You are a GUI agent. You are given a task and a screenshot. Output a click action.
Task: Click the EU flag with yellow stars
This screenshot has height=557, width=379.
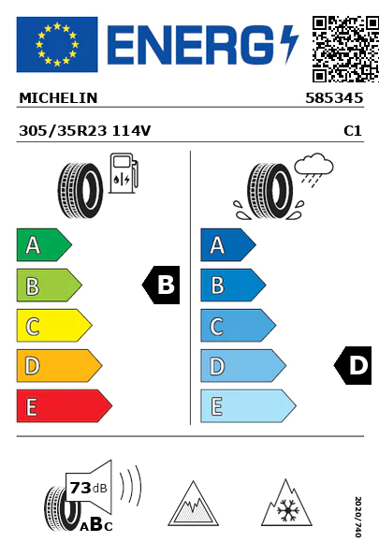point(57,44)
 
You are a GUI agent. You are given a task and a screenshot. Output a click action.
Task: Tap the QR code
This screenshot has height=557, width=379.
point(345,49)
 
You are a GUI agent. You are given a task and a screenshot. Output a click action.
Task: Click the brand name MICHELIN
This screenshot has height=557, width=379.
point(58,98)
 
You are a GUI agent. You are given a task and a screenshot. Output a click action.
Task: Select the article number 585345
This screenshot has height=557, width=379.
point(334,98)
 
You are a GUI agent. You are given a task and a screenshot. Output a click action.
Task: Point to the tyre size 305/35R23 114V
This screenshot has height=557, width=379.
point(85,131)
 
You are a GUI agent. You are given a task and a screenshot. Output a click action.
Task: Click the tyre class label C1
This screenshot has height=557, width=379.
point(353,131)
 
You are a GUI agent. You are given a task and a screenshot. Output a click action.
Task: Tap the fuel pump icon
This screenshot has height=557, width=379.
point(124,173)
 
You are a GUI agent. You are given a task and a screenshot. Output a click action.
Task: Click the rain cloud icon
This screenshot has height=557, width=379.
point(313,169)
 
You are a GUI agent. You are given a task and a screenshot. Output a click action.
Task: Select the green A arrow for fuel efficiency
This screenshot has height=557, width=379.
point(44,244)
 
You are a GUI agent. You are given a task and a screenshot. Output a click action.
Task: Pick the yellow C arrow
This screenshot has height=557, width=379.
point(54,326)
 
